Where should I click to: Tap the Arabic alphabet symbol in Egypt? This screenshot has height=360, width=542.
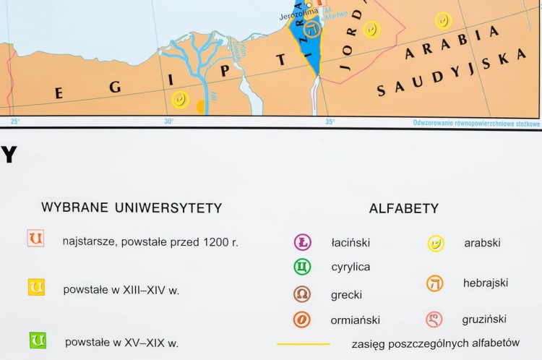[180, 100]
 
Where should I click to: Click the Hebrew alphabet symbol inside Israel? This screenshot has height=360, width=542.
[311, 30]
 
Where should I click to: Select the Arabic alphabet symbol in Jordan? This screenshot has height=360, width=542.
[371, 30]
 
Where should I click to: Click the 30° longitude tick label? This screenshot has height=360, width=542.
[168, 121]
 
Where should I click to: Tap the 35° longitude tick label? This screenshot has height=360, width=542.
[330, 121]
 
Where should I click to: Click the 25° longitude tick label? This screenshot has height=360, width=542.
[15, 121]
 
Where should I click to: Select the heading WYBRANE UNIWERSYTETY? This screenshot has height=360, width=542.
[132, 208]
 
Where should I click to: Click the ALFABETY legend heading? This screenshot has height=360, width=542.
[403, 209]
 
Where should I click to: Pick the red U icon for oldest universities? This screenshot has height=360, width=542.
[35, 238]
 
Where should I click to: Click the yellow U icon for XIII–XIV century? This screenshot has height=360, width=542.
[36, 287]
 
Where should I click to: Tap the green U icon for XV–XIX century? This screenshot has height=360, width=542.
[37, 340]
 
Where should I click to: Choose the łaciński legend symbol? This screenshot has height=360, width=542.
[302, 242]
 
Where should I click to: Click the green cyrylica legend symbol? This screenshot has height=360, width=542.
[302, 267]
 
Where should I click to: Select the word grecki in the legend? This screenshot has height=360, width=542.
[346, 295]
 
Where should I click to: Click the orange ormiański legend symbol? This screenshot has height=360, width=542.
[302, 319]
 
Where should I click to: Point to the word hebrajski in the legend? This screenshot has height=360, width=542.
[485, 283]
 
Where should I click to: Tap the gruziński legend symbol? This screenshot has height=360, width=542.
[434, 318]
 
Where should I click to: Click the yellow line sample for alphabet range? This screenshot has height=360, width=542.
[304, 343]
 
